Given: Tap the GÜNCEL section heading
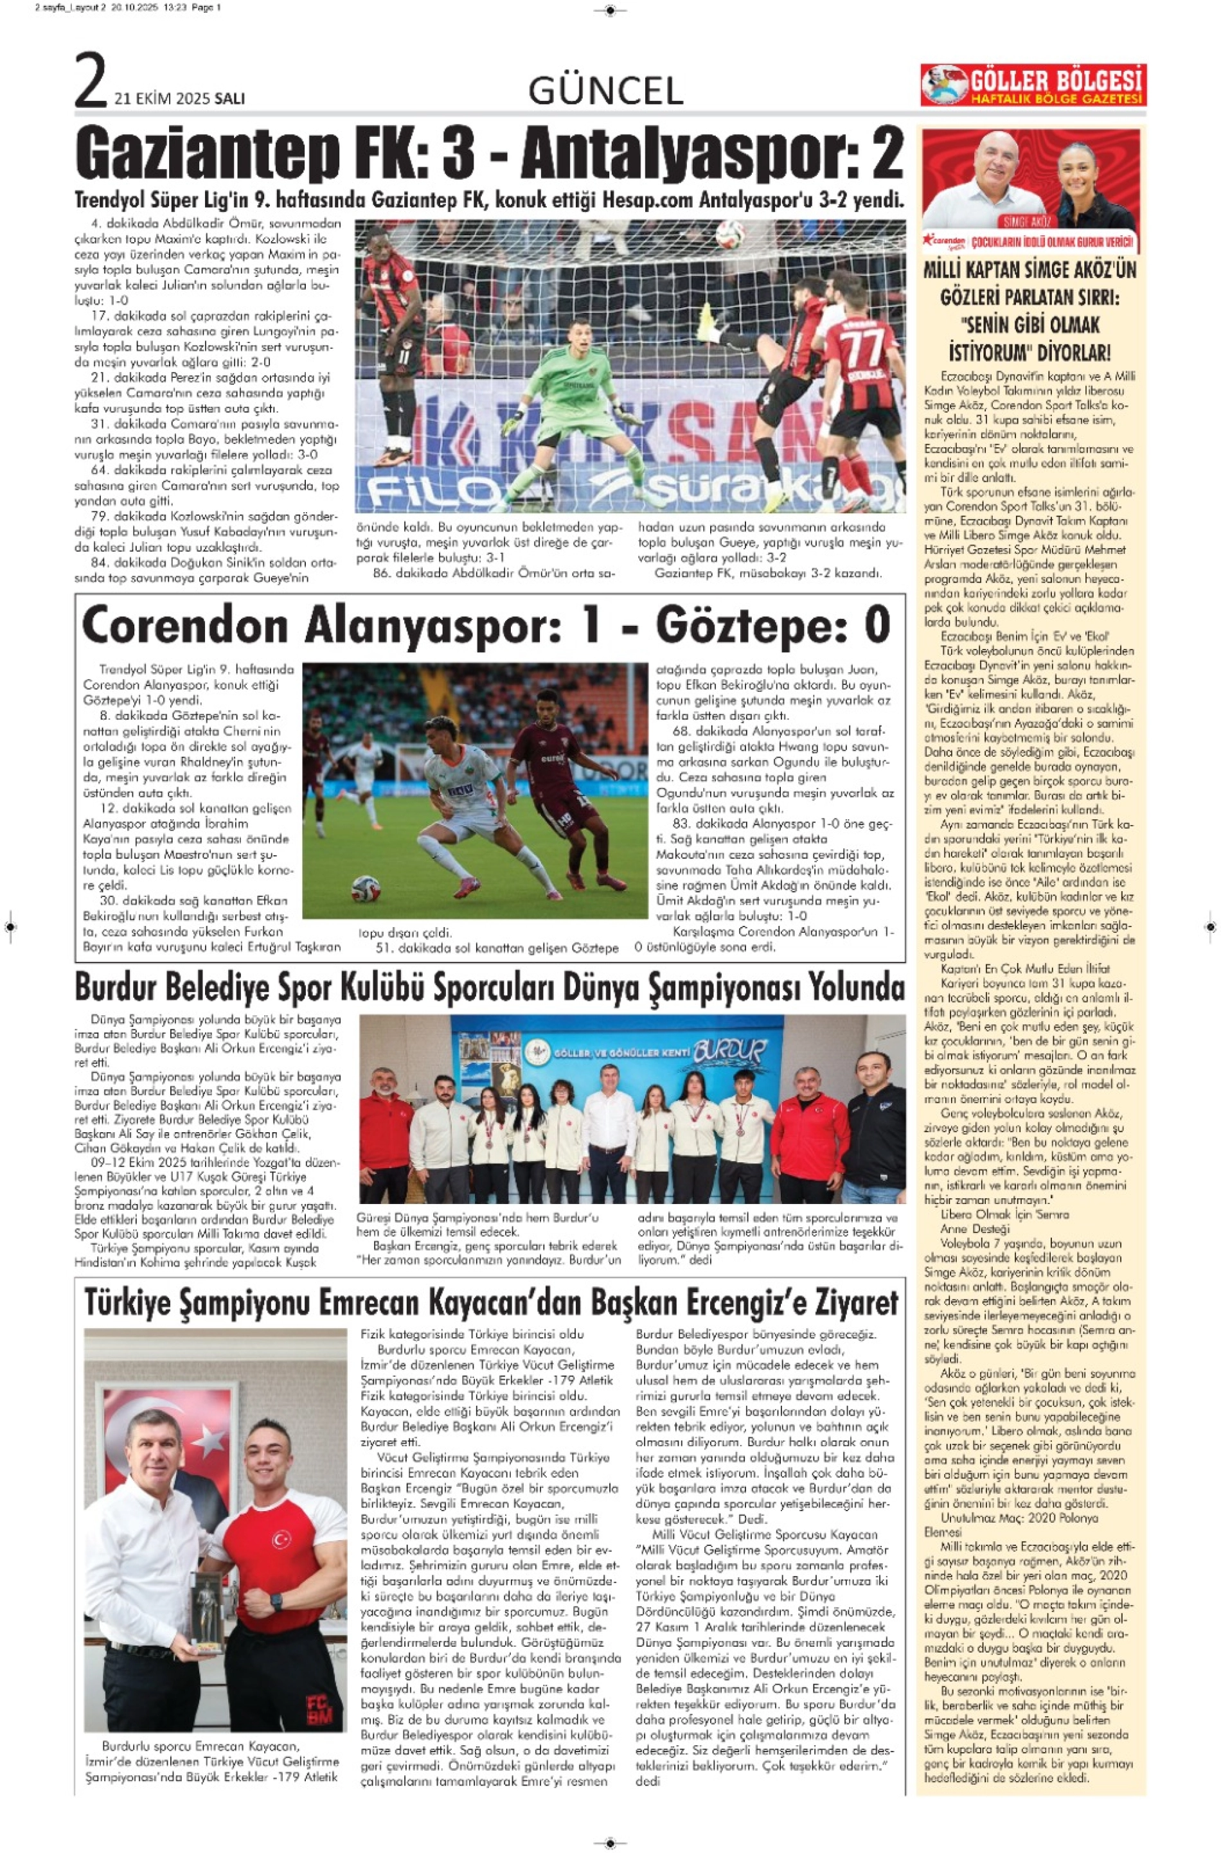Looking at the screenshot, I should pyautogui.click(x=605, y=92).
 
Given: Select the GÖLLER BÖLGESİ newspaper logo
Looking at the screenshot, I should pyautogui.click(x=1033, y=85).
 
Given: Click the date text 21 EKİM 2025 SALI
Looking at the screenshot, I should pyautogui.click(x=179, y=99).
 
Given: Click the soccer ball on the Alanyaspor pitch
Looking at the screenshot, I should pyautogui.click(x=364, y=889).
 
